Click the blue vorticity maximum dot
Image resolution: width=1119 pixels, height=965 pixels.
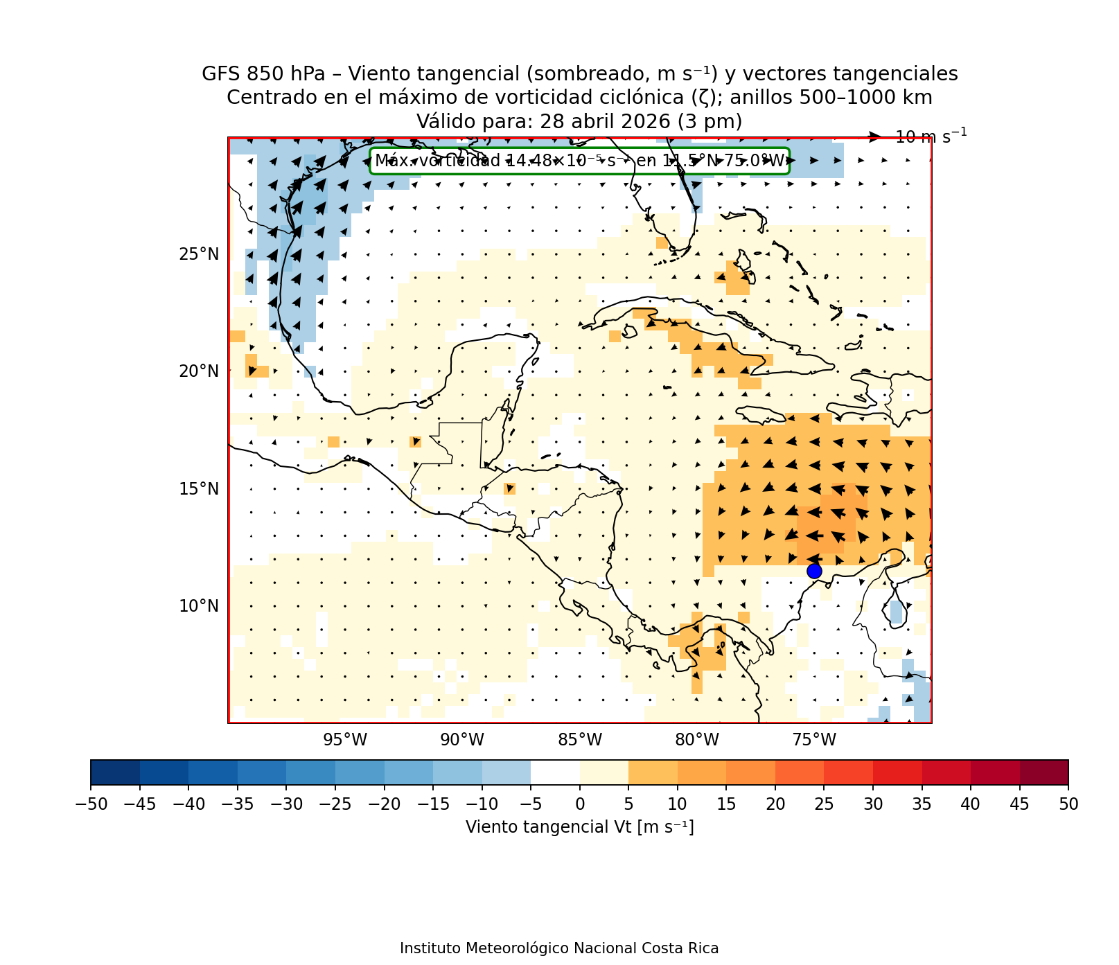click(x=814, y=571)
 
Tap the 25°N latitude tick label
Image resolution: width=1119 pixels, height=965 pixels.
click(x=199, y=254)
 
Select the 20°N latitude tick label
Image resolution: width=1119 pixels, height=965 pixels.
click(x=199, y=371)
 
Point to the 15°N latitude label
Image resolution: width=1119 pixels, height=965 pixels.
click(x=199, y=489)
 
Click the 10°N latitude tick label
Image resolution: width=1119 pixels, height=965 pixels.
click(x=199, y=606)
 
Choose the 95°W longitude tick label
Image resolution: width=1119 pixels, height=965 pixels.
click(x=345, y=740)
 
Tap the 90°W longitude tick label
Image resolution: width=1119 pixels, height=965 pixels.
click(x=462, y=740)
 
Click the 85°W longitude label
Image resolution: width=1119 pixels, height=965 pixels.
click(x=580, y=740)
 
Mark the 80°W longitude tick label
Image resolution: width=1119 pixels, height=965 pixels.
click(x=697, y=740)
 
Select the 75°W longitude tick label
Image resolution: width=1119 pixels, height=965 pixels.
click(x=814, y=740)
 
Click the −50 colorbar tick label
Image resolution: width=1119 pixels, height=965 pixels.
click(x=90, y=804)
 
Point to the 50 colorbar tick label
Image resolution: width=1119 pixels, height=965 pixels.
click(x=1068, y=804)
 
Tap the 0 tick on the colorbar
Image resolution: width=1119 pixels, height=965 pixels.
click(x=580, y=804)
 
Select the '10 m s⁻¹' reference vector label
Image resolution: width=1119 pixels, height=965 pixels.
click(x=931, y=136)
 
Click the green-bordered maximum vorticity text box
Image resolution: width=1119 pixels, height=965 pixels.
click(x=579, y=161)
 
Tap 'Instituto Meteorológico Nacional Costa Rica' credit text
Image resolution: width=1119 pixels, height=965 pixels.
click(x=559, y=948)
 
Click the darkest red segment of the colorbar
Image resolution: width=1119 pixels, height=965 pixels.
click(x=1043, y=772)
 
